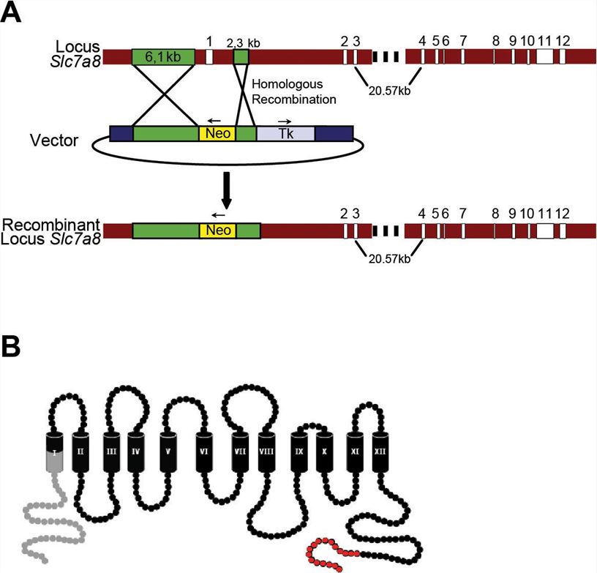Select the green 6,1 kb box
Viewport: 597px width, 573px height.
click(163, 56)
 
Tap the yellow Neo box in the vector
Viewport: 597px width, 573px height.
click(217, 133)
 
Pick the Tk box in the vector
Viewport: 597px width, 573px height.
click(286, 133)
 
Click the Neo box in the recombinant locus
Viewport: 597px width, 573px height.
click(217, 231)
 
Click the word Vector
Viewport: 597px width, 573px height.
click(54, 139)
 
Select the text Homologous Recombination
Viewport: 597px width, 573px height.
click(293, 91)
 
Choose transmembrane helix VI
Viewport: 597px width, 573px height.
click(205, 452)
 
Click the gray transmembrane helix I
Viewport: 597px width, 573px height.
click(56, 453)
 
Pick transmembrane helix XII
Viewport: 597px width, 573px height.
click(380, 452)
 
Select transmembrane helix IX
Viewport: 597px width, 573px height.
click(298, 452)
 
